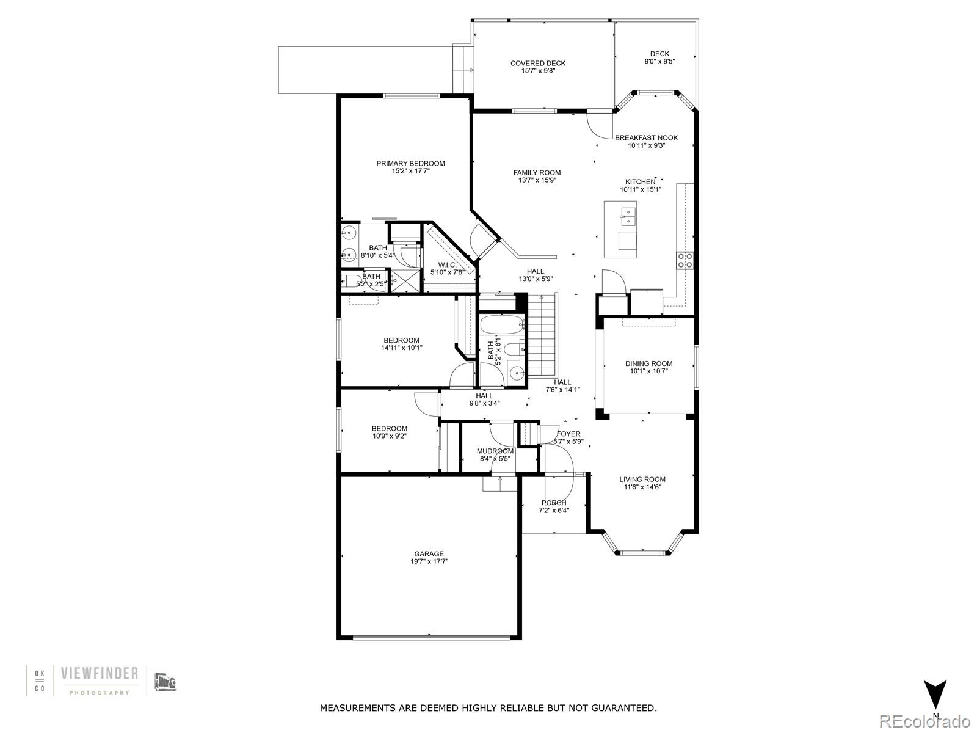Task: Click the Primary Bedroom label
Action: point(410,163)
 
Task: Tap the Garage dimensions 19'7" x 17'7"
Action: point(429,561)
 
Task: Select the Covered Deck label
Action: point(538,63)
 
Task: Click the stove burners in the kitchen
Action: point(685,261)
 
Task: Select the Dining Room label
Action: point(648,363)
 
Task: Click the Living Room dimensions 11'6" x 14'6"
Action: point(642,487)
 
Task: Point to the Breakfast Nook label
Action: point(646,138)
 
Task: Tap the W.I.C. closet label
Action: point(448,264)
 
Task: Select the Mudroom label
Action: point(495,451)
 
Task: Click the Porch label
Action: point(553,503)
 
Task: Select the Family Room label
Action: point(537,173)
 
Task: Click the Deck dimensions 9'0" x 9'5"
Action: point(659,61)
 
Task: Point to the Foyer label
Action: point(568,434)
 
